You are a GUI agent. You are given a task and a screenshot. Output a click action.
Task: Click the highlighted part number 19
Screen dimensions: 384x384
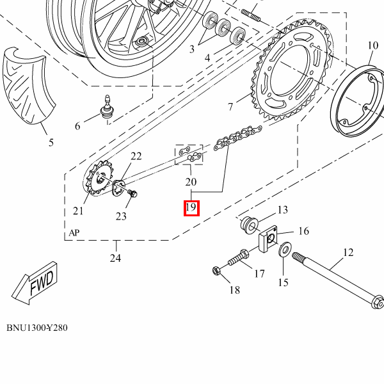(x=191, y=208)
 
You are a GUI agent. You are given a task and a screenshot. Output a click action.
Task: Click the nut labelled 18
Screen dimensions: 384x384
(x=216, y=271)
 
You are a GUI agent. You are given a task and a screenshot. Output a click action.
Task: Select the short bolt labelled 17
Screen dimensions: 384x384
(x=237, y=259)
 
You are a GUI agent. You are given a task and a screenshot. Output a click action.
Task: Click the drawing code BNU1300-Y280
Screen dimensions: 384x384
(x=37, y=328)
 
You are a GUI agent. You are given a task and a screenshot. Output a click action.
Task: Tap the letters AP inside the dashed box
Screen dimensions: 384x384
(x=74, y=234)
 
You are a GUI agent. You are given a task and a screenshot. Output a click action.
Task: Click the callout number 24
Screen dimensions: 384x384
(x=116, y=259)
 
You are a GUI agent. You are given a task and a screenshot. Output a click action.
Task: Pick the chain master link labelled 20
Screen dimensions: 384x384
(x=189, y=154)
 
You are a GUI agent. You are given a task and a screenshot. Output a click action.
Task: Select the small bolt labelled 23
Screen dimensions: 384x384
(x=133, y=193)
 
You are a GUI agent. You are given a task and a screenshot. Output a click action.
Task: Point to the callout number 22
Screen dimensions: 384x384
(x=136, y=157)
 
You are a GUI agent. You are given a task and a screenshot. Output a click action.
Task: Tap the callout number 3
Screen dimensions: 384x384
(x=191, y=49)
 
